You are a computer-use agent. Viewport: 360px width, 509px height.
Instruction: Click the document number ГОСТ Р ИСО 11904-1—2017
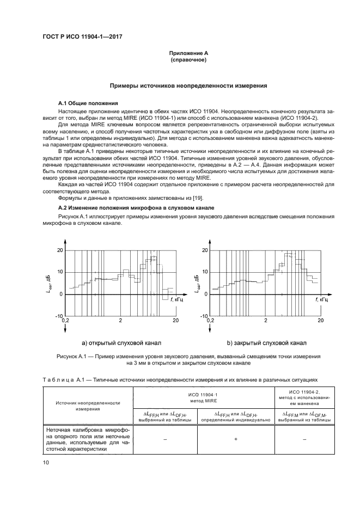tap(82, 36)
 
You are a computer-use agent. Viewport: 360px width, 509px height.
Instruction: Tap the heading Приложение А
tap(188, 53)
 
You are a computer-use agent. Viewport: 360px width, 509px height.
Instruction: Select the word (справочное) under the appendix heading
tap(188, 60)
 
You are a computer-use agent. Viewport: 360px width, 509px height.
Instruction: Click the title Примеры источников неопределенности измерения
tap(188, 85)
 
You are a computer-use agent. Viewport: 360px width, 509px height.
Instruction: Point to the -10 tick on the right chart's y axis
tap(204, 316)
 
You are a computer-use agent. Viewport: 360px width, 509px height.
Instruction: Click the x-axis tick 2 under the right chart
tap(265, 321)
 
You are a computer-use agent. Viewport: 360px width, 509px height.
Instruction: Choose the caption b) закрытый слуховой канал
tap(266, 343)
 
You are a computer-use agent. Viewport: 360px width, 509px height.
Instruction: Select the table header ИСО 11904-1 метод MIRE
tap(211, 395)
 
